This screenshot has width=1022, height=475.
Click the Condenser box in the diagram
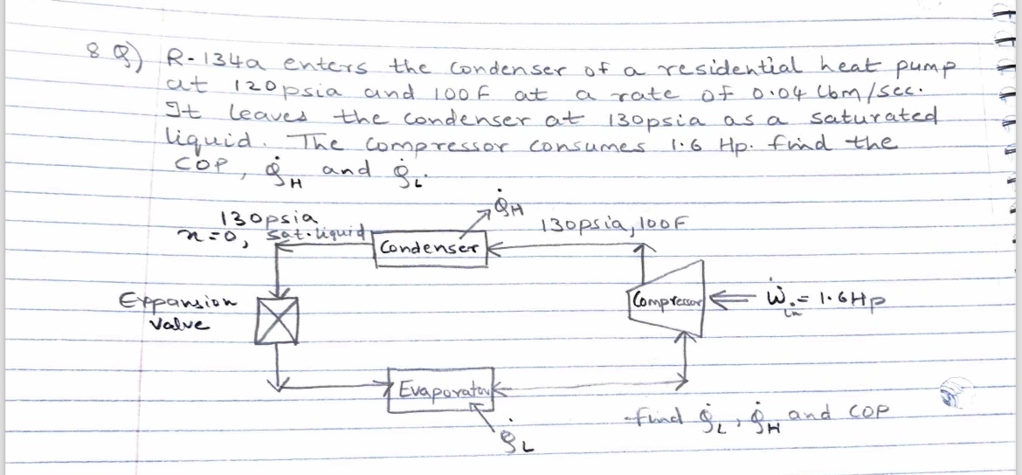(x=427, y=247)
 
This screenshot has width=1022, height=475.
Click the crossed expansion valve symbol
(x=277, y=316)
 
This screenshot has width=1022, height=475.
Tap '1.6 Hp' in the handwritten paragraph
(x=690, y=141)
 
